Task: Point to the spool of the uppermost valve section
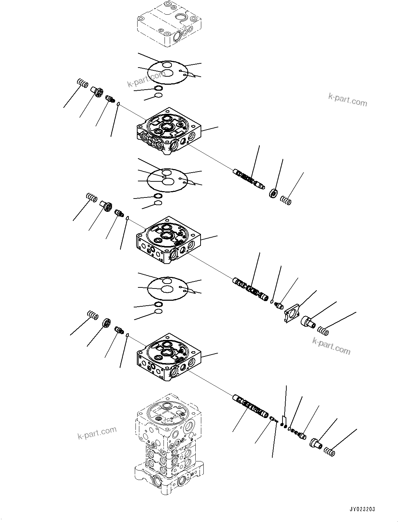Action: [249, 179]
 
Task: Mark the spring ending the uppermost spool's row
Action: [286, 201]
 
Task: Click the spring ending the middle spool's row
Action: [323, 330]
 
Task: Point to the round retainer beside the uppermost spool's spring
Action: [273, 193]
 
